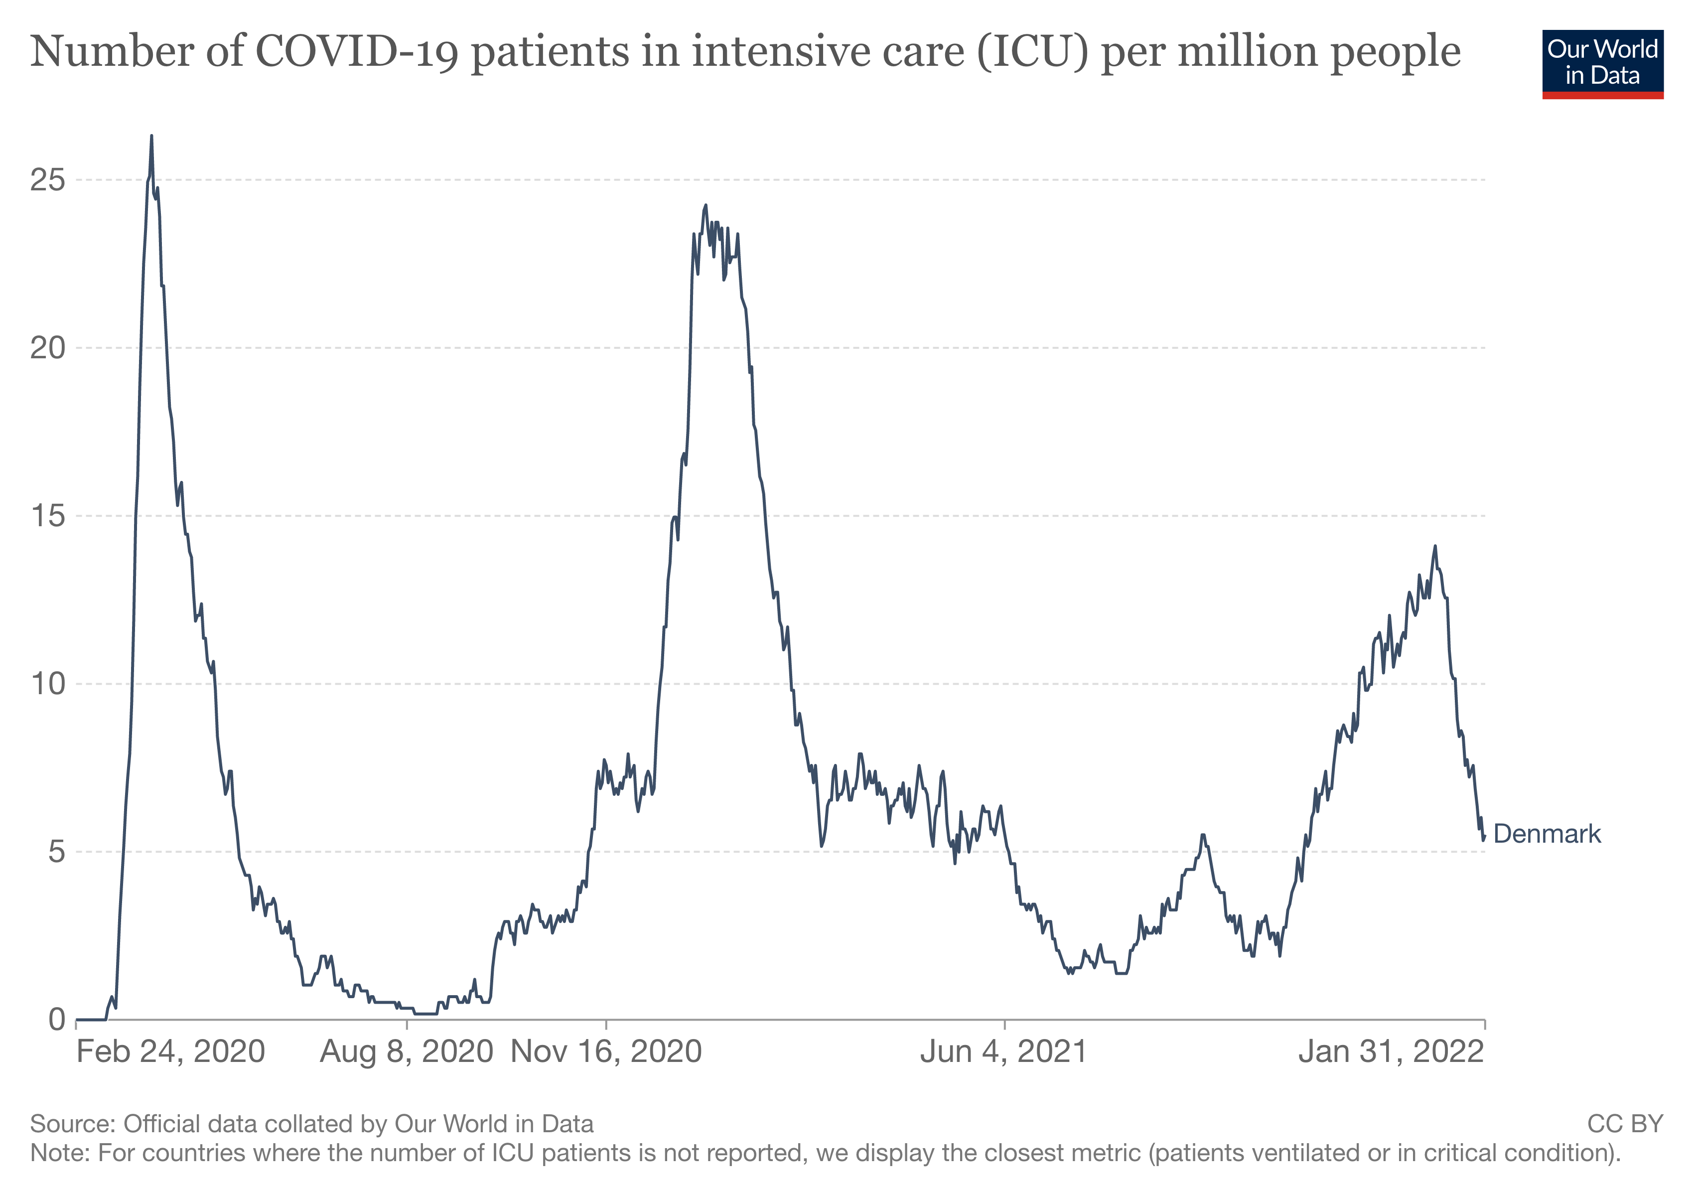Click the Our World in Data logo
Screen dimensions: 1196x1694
point(1602,63)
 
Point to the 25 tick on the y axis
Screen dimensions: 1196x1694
point(47,180)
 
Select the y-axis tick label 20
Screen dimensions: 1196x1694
point(47,348)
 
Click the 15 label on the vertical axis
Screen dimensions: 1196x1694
point(47,516)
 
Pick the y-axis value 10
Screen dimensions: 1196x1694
point(47,684)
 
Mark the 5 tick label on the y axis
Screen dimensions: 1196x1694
point(56,852)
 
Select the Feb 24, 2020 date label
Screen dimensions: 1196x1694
point(170,1052)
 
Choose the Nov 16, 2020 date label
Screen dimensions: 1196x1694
point(606,1052)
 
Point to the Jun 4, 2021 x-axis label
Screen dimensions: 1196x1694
point(1003,1052)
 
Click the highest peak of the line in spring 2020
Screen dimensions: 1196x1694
point(151,137)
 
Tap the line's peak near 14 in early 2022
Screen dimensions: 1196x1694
point(1435,547)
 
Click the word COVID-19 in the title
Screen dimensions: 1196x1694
point(357,52)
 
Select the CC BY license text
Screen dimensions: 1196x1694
point(1625,1124)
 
